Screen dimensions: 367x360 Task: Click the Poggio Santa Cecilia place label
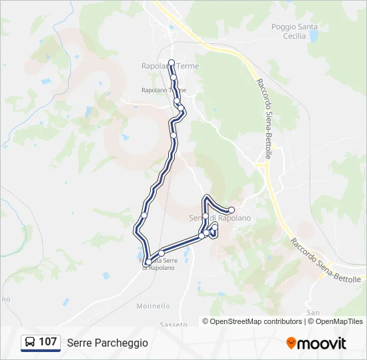click(x=294, y=31)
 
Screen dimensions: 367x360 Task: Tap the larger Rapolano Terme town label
click(x=170, y=67)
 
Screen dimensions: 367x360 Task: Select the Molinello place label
click(x=153, y=306)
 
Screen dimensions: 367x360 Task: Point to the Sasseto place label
click(x=173, y=324)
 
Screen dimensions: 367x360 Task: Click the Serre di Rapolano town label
click(x=220, y=218)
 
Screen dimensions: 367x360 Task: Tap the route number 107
click(x=47, y=342)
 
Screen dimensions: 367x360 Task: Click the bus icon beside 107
click(x=30, y=343)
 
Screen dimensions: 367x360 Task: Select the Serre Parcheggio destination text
click(x=107, y=343)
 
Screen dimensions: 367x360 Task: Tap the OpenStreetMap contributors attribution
click(x=254, y=321)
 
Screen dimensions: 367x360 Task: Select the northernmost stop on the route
click(x=171, y=63)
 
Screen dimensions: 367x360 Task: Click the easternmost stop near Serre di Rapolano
click(x=232, y=210)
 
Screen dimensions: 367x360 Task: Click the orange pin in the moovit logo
click(x=291, y=343)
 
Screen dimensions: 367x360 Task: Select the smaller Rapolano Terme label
click(x=163, y=90)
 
